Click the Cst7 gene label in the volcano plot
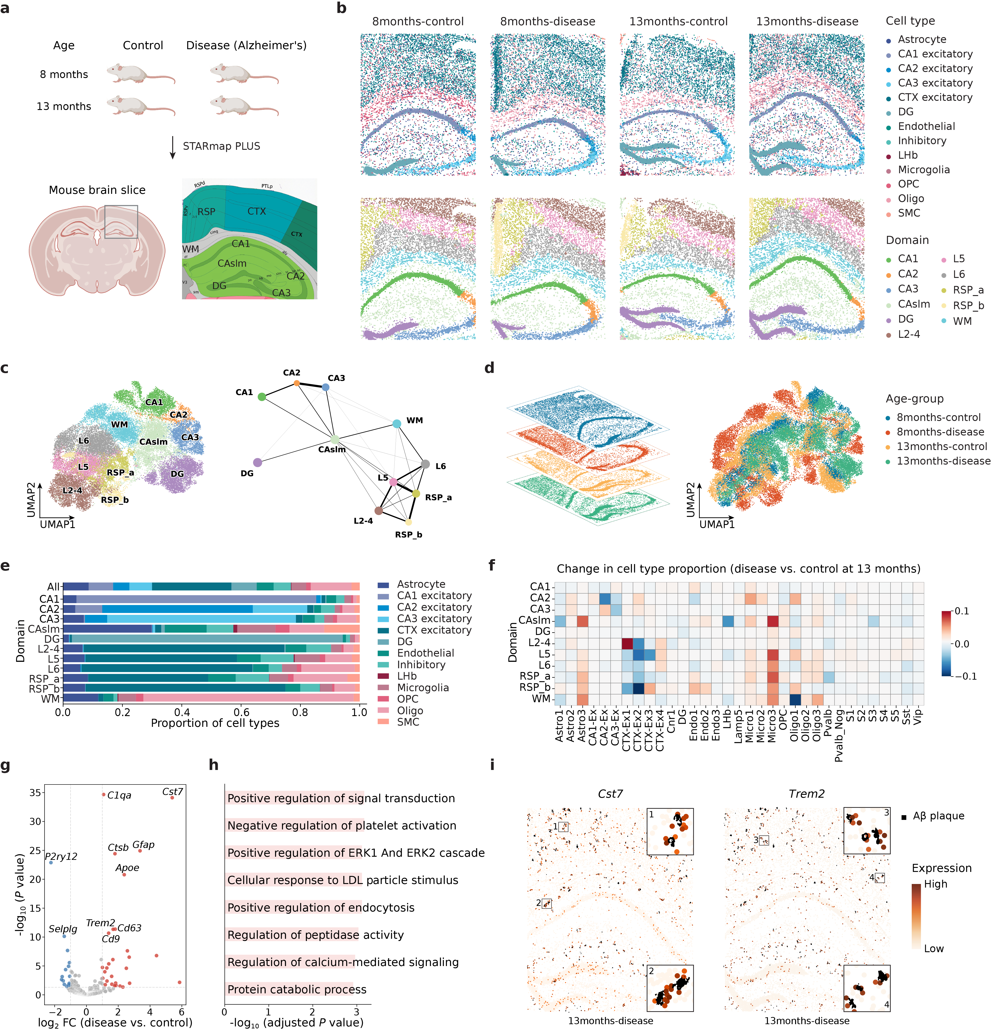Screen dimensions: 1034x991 [x=172, y=791]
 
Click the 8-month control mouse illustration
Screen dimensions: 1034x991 [x=140, y=74]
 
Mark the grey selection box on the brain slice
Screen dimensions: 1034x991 [x=121, y=222]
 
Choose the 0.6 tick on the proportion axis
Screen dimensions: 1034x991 [x=241, y=712]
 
